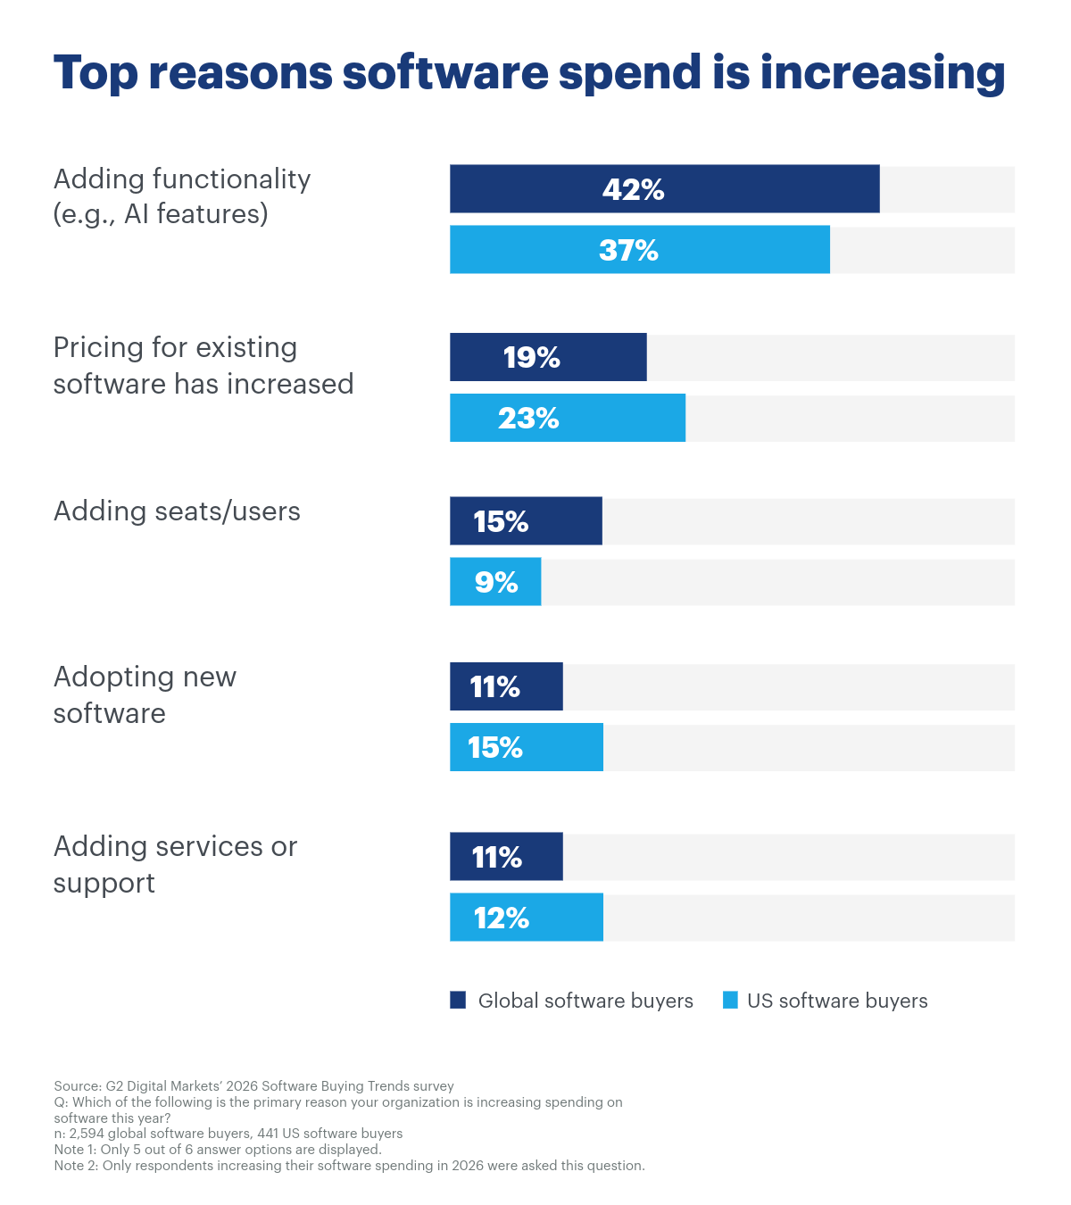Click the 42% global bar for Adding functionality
[x=664, y=189]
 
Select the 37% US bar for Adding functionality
[x=639, y=250]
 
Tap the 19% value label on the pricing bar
[x=531, y=358]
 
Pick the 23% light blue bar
[x=567, y=419]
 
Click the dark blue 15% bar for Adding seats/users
[x=526, y=521]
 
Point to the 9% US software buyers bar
[x=495, y=583]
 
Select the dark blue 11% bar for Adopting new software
[x=506, y=687]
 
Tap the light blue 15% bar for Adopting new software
[x=526, y=748]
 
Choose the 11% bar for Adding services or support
[x=506, y=858]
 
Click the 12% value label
[x=501, y=918]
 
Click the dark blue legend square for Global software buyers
[x=458, y=1001]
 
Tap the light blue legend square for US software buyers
[x=730, y=1001]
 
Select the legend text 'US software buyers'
[x=836, y=1001]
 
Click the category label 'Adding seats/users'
[x=177, y=511]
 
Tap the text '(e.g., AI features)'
[x=161, y=214]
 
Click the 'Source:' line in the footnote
[x=253, y=1086]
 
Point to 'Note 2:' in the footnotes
[x=76, y=1166]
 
